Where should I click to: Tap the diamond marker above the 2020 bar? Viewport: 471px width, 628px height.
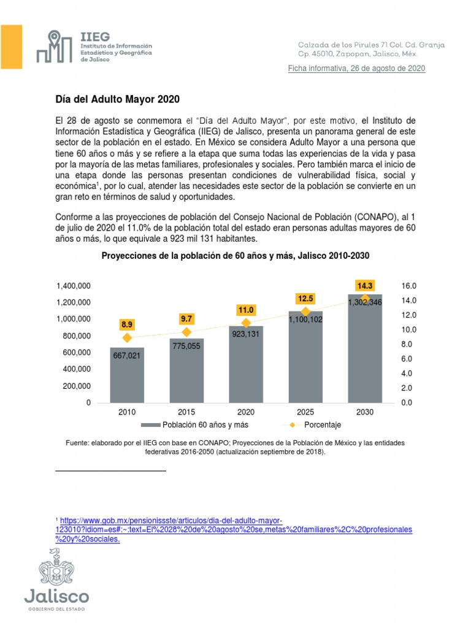[246, 323]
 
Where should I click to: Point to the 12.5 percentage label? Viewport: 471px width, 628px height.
[305, 299]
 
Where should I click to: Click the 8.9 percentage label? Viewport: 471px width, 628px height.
[127, 324]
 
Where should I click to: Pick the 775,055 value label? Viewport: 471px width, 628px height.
[186, 346]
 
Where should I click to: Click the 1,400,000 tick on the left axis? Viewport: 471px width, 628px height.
[74, 286]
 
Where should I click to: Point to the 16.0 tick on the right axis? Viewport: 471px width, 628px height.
[409, 286]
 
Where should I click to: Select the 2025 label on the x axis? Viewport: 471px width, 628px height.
[305, 412]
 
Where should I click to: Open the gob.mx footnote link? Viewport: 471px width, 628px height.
[233, 529]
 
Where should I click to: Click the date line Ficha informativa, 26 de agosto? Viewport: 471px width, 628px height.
[356, 69]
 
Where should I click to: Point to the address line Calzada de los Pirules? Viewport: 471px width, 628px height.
[371, 45]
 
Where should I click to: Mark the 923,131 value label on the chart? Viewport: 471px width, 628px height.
[246, 335]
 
